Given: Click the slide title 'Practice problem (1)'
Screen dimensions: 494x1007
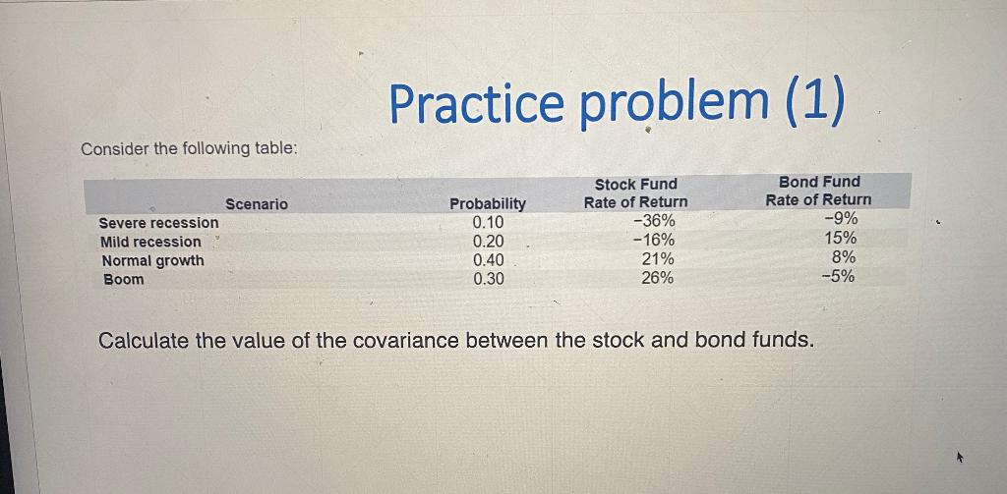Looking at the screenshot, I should pos(617,104).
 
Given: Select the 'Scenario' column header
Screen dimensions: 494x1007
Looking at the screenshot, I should pos(257,203).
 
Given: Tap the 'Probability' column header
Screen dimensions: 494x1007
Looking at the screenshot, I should pos(488,203).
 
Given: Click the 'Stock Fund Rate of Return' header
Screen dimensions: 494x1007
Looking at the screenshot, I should pos(636,192).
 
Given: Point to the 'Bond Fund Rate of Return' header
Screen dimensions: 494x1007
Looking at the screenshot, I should pos(818,191).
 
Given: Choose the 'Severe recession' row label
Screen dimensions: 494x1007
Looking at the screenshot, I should pos(159,223).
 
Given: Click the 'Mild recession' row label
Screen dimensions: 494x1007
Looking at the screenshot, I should pos(150,242).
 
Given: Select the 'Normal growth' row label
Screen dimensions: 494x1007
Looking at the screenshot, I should pos(153,260).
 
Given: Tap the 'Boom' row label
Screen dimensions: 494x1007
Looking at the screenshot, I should pos(124,279).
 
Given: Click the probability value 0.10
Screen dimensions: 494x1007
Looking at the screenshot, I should pos(489,222).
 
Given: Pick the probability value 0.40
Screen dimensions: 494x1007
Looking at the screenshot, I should pos(489,260).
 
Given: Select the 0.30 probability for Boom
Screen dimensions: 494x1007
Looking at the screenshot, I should pos(489,279).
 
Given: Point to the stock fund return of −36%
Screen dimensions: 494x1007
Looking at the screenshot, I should pos(654,221).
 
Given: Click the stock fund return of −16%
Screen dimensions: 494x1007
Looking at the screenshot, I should pos(654,240).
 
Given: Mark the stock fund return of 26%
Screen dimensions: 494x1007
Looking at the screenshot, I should pos(658,278).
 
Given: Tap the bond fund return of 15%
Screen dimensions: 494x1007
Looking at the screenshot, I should pos(841,238).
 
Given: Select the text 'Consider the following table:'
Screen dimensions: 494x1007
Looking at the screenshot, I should pos(189,148).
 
